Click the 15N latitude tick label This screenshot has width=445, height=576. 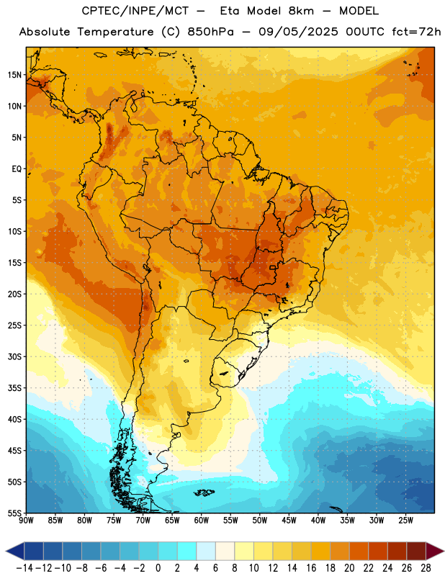point(14,75)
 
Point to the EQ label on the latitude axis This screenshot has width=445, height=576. point(17,169)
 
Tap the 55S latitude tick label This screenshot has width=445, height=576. point(14,513)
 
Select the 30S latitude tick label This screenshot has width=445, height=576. point(14,356)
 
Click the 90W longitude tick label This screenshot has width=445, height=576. point(26,521)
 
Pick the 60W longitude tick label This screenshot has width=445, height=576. point(202,521)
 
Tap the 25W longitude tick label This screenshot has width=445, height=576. point(405,521)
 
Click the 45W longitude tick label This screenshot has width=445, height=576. point(289,521)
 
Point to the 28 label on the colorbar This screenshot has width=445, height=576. point(426,568)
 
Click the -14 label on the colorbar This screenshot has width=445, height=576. point(24,568)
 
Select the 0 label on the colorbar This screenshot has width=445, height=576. point(158,568)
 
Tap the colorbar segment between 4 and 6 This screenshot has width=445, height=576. point(206,551)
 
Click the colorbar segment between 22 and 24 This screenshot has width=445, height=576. point(378,551)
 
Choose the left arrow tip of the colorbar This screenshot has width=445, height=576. point(6,551)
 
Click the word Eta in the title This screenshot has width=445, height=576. point(229,11)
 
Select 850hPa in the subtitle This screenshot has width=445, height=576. point(210,32)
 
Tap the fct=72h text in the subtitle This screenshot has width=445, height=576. point(416,32)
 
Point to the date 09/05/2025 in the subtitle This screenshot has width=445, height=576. point(298,32)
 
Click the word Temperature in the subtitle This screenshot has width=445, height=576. point(115,32)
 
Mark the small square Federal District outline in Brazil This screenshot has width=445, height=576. point(273,267)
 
